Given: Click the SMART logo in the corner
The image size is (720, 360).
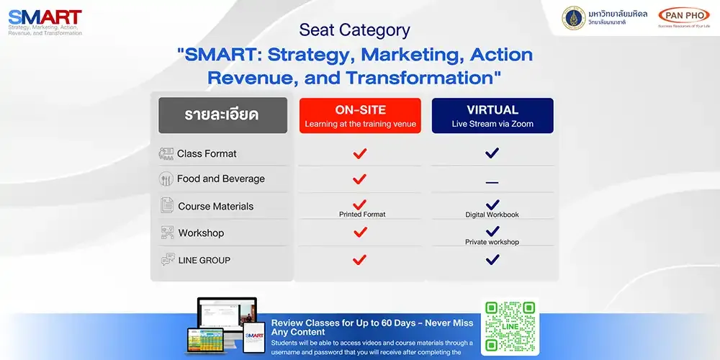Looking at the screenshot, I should (x=45, y=22).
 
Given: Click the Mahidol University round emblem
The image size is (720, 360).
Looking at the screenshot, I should (x=574, y=18).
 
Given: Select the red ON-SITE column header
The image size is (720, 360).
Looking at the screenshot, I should (x=360, y=116).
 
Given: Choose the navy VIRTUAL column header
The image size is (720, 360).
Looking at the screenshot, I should (x=492, y=116).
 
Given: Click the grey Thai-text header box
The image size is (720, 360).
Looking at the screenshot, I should (x=222, y=116).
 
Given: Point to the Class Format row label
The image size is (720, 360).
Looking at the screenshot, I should (x=207, y=153).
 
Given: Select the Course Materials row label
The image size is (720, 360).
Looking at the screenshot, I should (x=215, y=206).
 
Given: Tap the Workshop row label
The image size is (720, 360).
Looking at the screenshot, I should (x=201, y=233).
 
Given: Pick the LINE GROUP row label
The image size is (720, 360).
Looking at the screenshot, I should (x=204, y=260).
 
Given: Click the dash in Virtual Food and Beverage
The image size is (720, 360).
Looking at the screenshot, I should (x=492, y=183).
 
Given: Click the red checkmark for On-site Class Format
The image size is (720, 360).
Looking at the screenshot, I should (x=360, y=153).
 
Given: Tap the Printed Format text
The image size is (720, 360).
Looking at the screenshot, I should (x=362, y=215).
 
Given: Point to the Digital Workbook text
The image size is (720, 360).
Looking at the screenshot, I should (x=492, y=215).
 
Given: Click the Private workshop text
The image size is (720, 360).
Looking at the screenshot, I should (x=492, y=242).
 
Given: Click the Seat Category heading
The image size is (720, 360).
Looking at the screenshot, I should (x=354, y=30).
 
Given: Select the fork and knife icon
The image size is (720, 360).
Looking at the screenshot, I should (x=166, y=179).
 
